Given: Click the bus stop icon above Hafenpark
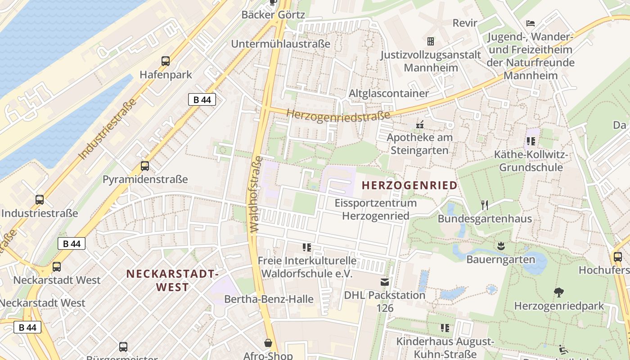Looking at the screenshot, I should pos(166,61).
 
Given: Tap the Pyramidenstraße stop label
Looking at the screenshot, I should pos(145,180).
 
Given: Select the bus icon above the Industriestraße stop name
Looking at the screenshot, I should pos(40,199).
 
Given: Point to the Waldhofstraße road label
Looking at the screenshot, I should pos(256,194).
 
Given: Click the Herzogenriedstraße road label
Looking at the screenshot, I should pos(338,115).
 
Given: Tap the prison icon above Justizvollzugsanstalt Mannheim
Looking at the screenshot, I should pos(431,41).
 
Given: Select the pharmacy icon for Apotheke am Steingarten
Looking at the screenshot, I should pos(420,125).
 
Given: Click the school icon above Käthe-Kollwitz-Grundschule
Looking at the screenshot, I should pos(531,141).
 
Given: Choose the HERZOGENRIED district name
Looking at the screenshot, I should pos(409,185).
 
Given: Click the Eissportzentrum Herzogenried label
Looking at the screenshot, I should pos(376,209).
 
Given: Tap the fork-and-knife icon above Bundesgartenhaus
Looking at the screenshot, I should pos(485,205).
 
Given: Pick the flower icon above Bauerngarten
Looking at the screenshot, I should pos(500,246).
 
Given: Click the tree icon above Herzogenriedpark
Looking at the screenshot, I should pos(559,292).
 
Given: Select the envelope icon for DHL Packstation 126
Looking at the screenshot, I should pos(385,282).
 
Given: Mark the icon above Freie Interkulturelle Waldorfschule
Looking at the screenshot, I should pos(307,247).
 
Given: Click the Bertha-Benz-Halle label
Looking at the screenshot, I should pos(269,299).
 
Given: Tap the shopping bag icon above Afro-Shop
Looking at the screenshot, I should pos(268,343).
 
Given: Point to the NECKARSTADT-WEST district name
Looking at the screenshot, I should pos(172,280).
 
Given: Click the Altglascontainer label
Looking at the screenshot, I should pos(389,93).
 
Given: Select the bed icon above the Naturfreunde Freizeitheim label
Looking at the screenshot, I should pos(531,23).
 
